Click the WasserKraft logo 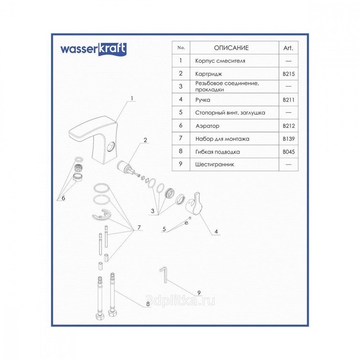click(93, 49)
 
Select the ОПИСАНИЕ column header click(231, 48)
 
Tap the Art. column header click(288, 48)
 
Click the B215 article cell click(289, 74)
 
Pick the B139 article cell click(289, 139)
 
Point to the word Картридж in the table click(208, 74)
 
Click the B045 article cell click(289, 152)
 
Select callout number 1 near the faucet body click(132, 98)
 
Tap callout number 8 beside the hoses click(148, 304)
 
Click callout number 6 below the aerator click(63, 198)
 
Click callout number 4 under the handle click(216, 231)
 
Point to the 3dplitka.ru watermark click(180, 300)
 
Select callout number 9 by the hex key click(199, 293)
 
